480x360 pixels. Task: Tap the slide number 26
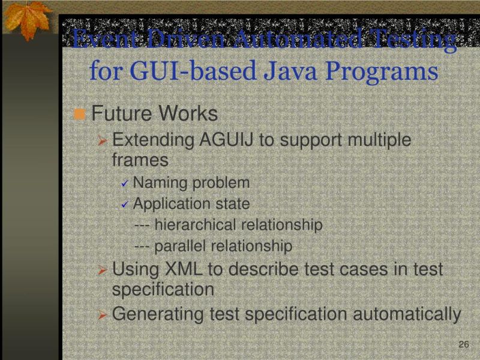click(x=463, y=344)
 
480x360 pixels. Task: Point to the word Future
click(x=121, y=113)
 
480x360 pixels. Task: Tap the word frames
click(x=140, y=160)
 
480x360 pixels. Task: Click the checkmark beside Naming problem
click(x=125, y=184)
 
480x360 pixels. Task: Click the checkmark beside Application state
click(x=125, y=205)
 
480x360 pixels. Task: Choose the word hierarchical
click(x=195, y=225)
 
